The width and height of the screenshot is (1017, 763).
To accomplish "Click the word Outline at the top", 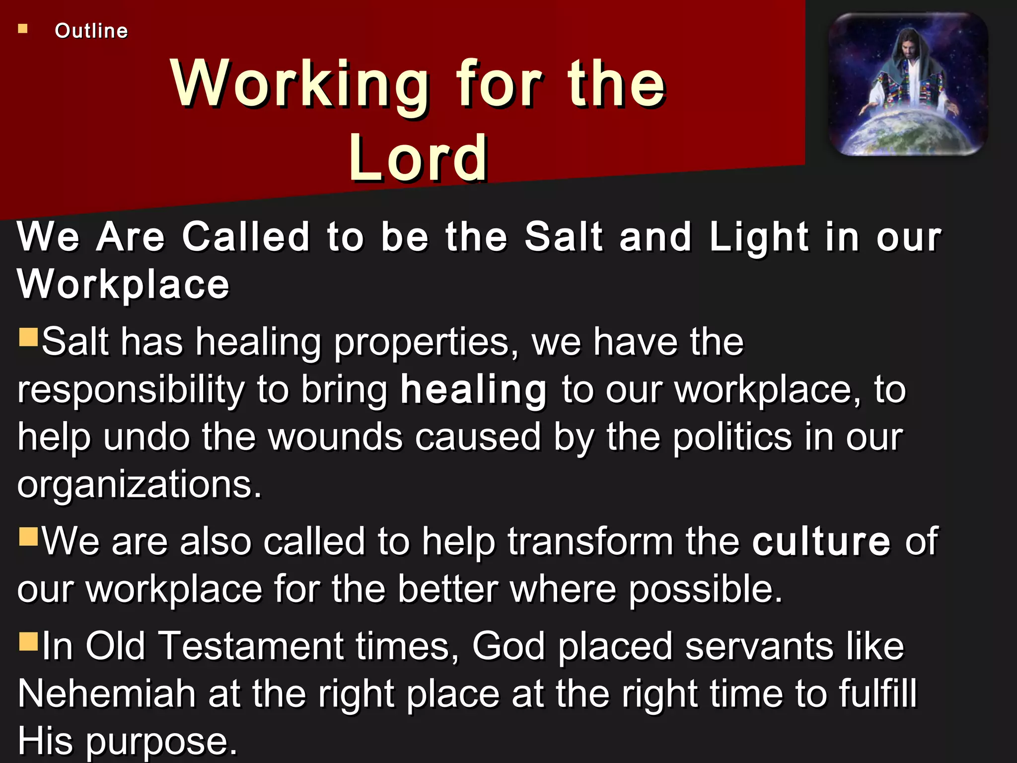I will pos(91,31).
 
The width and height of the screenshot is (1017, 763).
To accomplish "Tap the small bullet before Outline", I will pos(23,29).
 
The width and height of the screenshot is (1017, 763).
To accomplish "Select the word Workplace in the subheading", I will pos(123,284).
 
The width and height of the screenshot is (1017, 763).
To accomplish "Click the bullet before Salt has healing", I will pos(28,337).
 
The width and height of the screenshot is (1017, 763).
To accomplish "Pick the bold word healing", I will pos(474,389).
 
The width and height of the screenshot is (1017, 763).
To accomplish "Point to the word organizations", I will pos(139,484).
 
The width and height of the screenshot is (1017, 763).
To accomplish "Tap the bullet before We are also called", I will pos(28,536).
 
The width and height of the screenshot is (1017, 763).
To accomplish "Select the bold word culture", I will pos(821,541).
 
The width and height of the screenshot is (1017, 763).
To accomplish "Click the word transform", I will pos(590,541).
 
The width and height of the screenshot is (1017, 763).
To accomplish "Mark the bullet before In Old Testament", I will pos(28,641).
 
